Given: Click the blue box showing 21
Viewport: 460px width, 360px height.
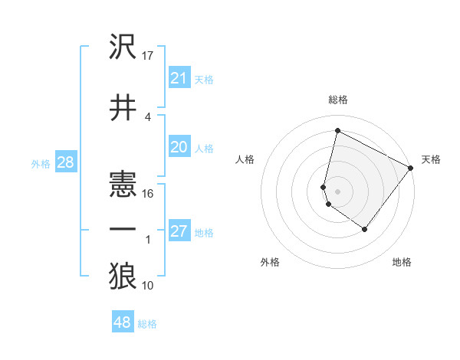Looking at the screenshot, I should [179, 78].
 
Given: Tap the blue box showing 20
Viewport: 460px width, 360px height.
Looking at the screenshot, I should [179, 147].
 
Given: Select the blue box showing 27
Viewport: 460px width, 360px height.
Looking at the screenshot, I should [179, 231].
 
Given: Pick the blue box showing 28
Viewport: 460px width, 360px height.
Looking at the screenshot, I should [65, 162].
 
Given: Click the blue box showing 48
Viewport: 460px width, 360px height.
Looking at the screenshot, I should [123, 322].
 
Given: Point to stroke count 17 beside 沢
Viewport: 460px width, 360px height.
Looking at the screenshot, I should [149, 56].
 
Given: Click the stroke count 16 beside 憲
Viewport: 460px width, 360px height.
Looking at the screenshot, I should [149, 194].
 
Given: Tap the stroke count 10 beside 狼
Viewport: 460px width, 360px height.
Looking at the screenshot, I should [149, 286].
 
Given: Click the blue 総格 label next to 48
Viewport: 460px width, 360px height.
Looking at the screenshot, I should [147, 324].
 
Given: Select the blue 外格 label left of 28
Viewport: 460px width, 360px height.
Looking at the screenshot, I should [41, 163].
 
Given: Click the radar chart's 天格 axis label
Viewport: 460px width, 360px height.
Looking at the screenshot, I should [431, 159].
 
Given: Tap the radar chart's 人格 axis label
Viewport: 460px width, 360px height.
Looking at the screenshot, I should [245, 159].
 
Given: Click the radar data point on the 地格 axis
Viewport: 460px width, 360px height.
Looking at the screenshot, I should [364, 229].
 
